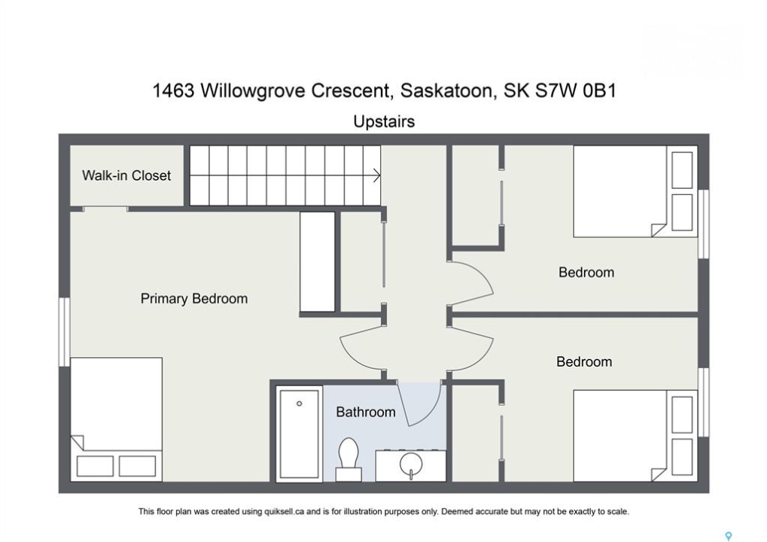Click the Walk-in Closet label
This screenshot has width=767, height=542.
tap(126, 175)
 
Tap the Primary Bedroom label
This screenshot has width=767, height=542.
tap(193, 298)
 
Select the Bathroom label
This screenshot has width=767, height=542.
tap(365, 412)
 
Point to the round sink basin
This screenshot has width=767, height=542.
tap(410, 463)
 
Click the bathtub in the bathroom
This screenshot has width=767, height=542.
tap(299, 434)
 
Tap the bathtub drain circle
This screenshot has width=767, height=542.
tap(299, 403)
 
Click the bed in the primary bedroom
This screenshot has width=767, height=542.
tap(117, 419)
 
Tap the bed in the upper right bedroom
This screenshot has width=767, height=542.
tap(635, 191)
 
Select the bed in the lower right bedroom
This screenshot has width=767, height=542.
tap(635, 435)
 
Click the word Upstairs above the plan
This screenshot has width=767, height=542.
tap(384, 121)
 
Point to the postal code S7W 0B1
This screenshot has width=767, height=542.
tap(575, 90)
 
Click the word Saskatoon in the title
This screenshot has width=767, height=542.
tap(446, 91)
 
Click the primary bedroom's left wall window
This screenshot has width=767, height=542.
tap(65, 332)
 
